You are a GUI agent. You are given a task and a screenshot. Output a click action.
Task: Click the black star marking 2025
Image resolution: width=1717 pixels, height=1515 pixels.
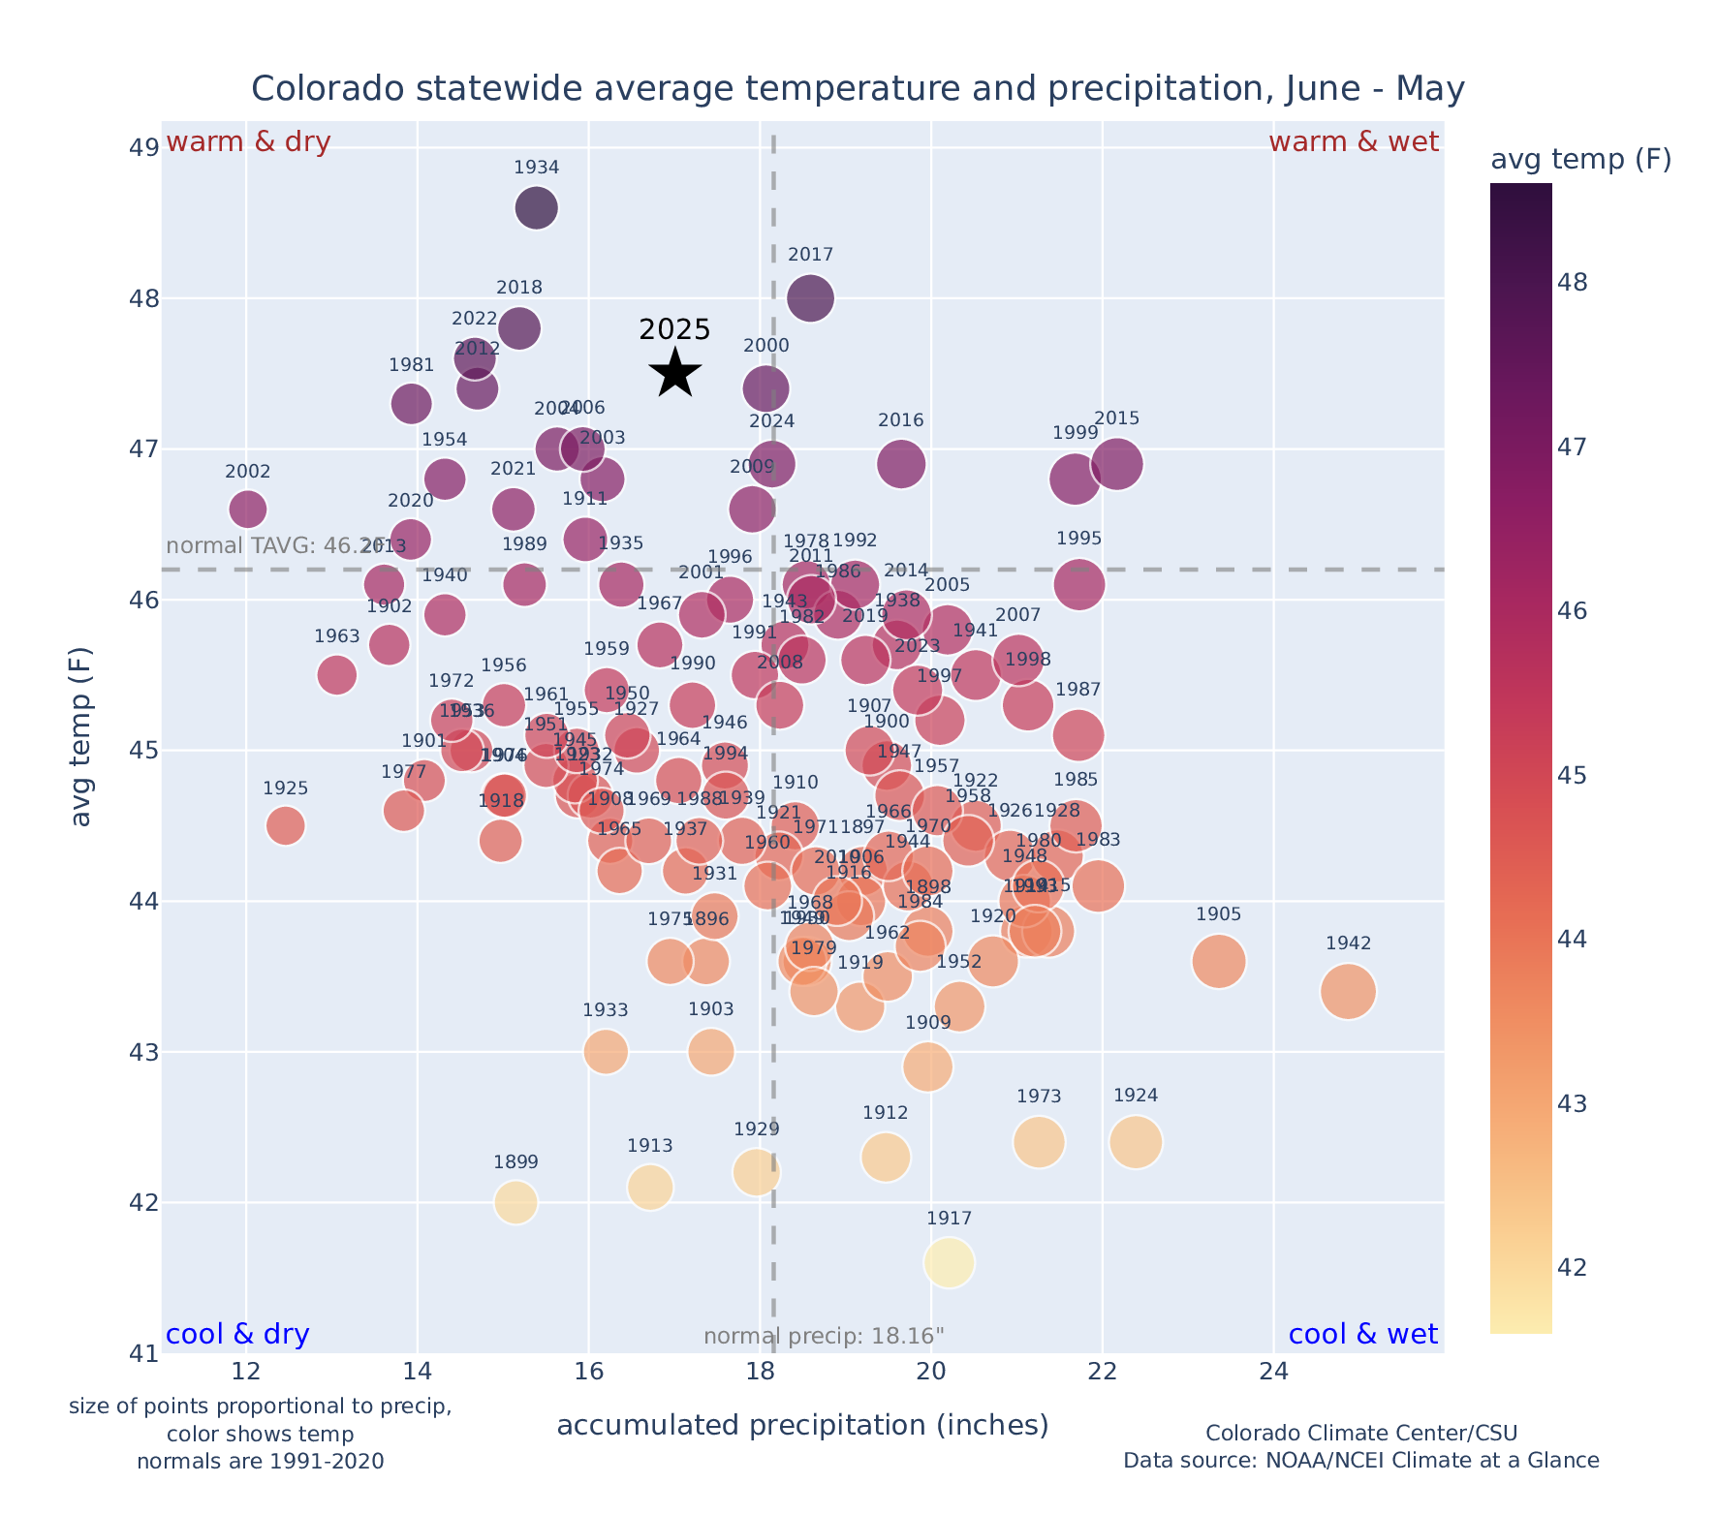click(675, 374)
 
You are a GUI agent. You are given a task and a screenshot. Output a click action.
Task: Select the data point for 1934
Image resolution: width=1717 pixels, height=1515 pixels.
click(536, 207)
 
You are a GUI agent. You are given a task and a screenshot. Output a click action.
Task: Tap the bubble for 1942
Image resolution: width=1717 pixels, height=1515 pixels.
click(1347, 991)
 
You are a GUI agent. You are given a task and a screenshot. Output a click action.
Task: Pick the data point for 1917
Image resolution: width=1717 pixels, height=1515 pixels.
click(949, 1262)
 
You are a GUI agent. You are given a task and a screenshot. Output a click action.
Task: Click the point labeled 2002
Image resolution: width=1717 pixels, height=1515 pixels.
click(248, 509)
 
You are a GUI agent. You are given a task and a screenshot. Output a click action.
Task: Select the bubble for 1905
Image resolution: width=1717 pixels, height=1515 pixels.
click(1219, 961)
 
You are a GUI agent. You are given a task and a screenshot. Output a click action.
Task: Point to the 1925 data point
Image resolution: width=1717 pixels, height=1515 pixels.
click(285, 825)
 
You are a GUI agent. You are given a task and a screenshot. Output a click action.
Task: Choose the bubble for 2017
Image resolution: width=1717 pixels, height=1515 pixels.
click(810, 297)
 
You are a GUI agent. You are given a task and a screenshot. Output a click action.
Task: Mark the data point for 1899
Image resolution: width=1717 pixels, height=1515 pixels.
click(515, 1202)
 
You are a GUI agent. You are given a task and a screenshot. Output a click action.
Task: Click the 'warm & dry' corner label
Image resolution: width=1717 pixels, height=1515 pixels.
click(249, 142)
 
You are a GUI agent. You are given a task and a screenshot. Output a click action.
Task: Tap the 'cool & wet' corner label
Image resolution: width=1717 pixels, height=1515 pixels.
click(1362, 1334)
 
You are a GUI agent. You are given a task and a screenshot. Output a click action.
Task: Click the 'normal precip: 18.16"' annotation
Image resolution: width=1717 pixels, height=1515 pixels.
click(824, 1337)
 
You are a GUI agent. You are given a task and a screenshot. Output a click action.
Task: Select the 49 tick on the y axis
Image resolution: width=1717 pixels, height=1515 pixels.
click(144, 148)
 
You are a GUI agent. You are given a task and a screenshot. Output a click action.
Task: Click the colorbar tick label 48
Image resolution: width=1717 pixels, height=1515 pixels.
click(1574, 283)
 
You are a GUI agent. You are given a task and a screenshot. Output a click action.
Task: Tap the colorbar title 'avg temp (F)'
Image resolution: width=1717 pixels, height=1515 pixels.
click(1580, 160)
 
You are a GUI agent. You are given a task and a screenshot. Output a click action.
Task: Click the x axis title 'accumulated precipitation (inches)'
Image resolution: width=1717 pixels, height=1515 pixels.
click(802, 1425)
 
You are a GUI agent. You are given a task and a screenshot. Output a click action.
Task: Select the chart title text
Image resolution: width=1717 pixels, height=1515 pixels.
click(858, 89)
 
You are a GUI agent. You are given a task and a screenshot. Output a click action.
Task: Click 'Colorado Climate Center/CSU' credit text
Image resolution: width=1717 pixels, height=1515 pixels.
click(1360, 1433)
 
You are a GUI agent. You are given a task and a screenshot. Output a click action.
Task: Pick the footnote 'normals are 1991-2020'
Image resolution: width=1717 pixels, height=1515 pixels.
click(260, 1461)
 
